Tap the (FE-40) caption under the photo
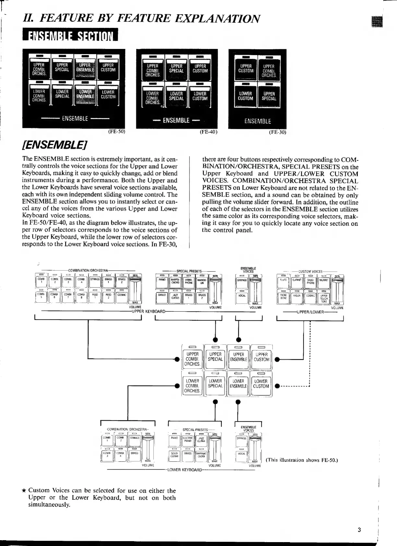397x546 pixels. [x=208, y=132]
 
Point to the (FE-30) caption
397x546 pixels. [x=278, y=132]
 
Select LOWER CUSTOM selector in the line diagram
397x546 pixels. [x=261, y=385]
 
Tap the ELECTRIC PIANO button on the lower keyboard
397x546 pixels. [x=188, y=441]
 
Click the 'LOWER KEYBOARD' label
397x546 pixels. [x=184, y=470]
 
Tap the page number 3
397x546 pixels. [x=359, y=530]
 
